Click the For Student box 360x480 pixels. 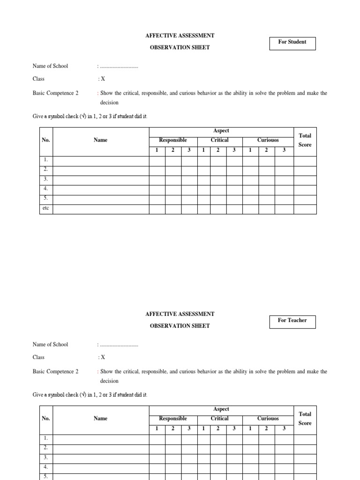(292, 43)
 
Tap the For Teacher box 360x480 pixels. (292, 322)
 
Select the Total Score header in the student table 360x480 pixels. (305, 140)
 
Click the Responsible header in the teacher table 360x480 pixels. (173, 419)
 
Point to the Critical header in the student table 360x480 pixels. (219, 140)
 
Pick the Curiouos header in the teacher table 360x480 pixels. (268, 419)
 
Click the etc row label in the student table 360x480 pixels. (46, 209)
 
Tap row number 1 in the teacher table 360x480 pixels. (46, 439)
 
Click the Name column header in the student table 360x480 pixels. (100, 140)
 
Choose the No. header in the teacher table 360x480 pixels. (46, 419)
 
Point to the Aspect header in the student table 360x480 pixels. (221, 131)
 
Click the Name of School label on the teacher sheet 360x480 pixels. (50, 345)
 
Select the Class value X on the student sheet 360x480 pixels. (103, 79)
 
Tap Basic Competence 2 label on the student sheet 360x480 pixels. (55, 93)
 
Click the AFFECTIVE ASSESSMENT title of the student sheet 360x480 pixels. (180, 36)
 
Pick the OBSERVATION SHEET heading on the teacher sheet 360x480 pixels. (180, 326)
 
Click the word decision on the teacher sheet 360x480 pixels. (109, 381)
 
